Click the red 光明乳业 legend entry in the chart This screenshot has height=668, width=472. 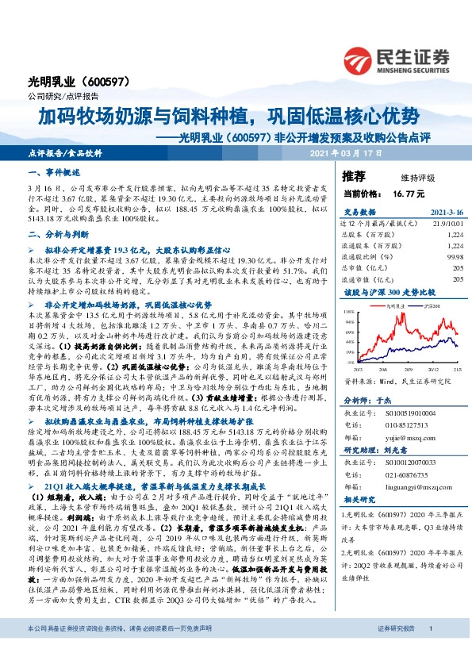390,304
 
